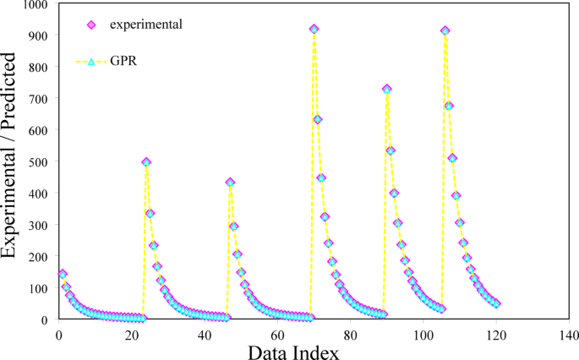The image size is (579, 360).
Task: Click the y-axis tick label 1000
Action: coord(36,5)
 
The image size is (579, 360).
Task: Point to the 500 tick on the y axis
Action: coord(39,161)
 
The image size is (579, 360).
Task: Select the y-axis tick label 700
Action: coord(39,98)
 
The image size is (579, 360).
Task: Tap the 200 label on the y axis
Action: coord(39,256)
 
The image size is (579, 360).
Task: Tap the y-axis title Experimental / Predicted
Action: coord(12,155)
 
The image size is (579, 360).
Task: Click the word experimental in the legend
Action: coord(145,24)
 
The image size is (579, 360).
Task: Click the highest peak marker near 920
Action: coord(314,29)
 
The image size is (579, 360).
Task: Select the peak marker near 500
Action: coord(146,161)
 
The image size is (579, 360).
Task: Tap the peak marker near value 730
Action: coord(387,89)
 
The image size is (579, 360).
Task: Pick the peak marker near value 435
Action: coord(230,183)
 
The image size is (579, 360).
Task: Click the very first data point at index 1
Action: coord(62,274)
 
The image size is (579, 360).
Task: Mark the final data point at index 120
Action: coord(496,303)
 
